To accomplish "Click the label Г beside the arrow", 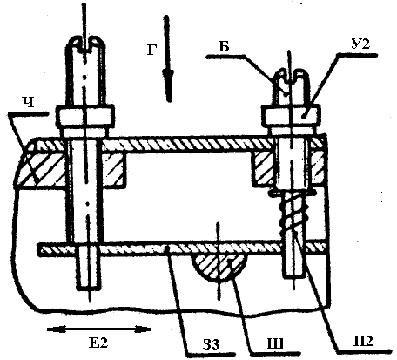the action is tap(151, 50).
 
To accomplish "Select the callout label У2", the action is tap(360, 44).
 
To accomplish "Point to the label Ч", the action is tap(28, 102).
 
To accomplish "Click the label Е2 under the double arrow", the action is tap(98, 343).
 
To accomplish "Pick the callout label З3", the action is tap(211, 344).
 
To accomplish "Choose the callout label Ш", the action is tap(275, 344).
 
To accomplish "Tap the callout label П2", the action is tap(364, 341).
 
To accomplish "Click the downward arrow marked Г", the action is tap(167, 58).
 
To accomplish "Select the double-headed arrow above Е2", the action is tap(99, 329).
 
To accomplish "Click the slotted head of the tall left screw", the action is tap(85, 45).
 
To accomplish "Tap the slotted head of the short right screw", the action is tap(291, 77).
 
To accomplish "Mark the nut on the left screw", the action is tap(84, 116).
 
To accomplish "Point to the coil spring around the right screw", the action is tap(293, 214).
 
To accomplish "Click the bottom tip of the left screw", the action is tap(89, 289).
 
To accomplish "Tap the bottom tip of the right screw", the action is tap(294, 277).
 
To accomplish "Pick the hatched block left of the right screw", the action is tap(263, 169).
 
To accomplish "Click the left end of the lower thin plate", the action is tap(38, 249).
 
